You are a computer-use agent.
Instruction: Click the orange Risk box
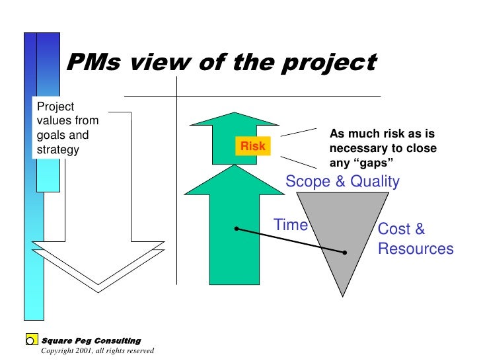click(x=252, y=146)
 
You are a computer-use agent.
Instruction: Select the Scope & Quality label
click(x=342, y=182)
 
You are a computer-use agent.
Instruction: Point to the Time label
click(x=291, y=225)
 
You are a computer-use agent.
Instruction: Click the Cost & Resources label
click(x=415, y=239)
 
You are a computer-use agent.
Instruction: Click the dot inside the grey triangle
click(x=345, y=253)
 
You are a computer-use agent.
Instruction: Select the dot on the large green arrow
click(x=236, y=229)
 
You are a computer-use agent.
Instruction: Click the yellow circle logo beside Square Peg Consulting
click(x=30, y=341)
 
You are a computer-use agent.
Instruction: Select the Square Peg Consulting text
click(x=91, y=341)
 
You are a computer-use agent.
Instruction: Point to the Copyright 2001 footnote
click(x=97, y=350)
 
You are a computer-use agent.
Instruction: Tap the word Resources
click(x=416, y=249)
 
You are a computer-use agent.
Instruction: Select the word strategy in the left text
click(x=58, y=149)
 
